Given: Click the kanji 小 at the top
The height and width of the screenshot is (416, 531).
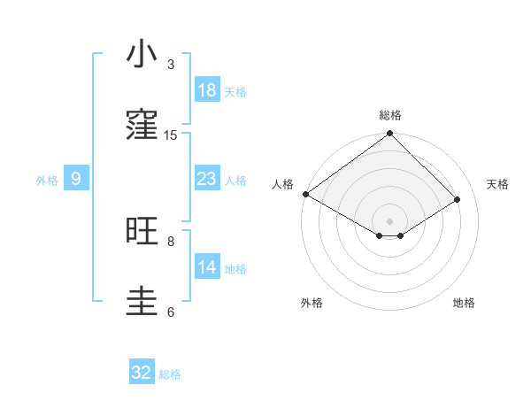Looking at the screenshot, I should point(142,54).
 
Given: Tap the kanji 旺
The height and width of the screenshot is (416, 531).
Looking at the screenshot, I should point(142,231).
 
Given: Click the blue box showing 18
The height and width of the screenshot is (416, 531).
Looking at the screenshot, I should point(207,90).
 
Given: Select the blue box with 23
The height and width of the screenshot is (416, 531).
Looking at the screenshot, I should point(207,179).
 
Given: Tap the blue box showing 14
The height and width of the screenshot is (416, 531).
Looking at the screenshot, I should point(207,267).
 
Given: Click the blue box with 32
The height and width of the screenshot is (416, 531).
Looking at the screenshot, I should point(142,373).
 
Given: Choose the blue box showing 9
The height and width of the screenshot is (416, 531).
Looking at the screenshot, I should point(76,179).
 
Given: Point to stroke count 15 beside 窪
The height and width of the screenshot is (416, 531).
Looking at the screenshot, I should point(171,135).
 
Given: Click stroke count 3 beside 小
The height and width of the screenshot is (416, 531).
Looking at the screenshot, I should point(171,64).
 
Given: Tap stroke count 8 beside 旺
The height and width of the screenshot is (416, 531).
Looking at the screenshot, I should point(171,241).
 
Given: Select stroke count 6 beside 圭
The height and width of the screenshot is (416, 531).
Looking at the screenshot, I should point(171,312).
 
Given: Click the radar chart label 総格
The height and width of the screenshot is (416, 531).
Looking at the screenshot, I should point(390,115).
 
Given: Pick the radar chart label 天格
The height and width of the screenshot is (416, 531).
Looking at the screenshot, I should point(497,184).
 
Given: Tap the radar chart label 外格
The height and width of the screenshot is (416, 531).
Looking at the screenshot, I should point(312,303).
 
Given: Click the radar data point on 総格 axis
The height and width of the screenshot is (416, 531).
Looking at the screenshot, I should point(390,135).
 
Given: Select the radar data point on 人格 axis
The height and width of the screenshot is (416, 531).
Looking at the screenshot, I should point(305,194).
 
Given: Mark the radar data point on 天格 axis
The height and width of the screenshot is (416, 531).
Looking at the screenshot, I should point(458,199).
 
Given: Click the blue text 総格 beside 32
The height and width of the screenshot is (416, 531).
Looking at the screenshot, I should point(170,374).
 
